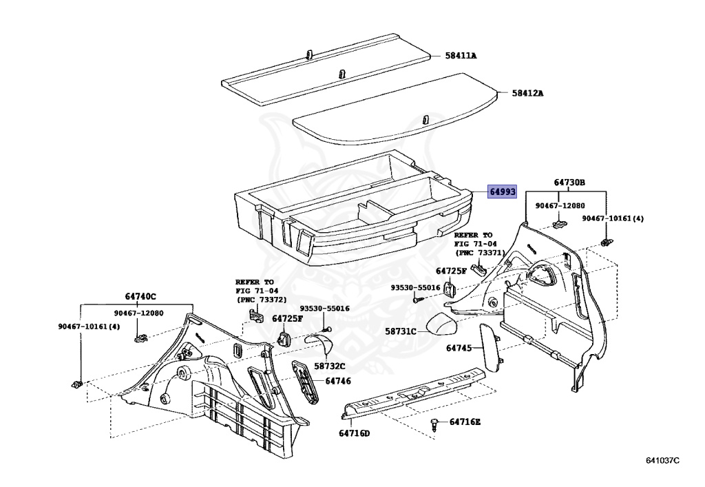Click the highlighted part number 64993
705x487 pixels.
coord(502,192)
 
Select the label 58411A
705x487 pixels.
coord(461,56)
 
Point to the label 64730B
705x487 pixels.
coord(569,183)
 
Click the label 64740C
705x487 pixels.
coord(140,296)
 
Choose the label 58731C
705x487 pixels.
coord(401,331)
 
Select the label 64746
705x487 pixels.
coord(338,380)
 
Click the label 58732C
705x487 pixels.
coord(330,366)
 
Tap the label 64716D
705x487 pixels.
coord(354,433)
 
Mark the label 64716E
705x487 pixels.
coord(466,422)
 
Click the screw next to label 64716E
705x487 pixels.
coord(435,423)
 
